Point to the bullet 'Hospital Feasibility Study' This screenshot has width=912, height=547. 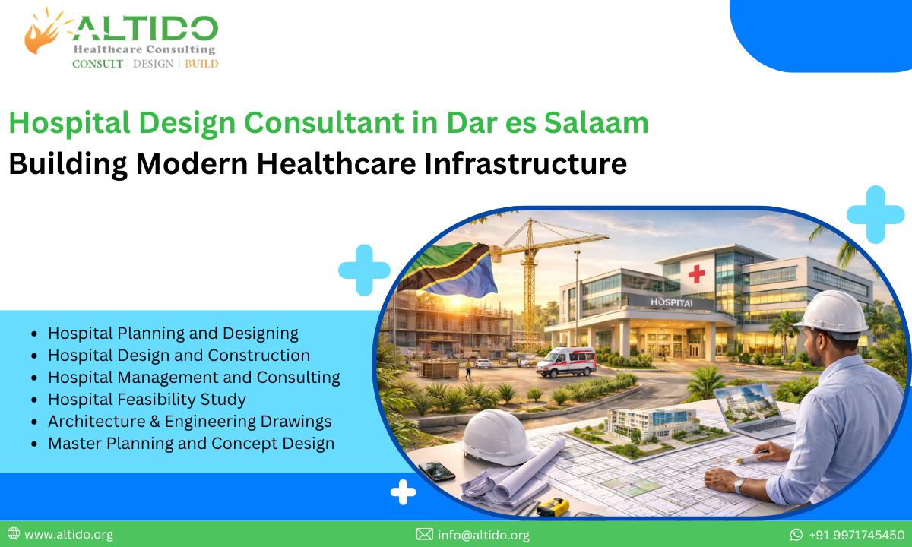147,399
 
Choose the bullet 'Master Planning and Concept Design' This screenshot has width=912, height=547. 191,443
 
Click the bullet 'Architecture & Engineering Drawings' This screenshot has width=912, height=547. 189,421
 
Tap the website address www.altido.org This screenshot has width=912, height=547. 68,535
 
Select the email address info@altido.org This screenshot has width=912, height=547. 483,535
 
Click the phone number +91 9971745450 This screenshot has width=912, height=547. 856,535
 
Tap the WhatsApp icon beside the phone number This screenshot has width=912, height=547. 796,535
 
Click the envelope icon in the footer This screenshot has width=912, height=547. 425,535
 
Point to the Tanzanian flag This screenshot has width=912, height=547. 448,270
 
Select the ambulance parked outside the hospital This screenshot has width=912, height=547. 565,362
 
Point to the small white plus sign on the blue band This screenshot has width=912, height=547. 403,493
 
